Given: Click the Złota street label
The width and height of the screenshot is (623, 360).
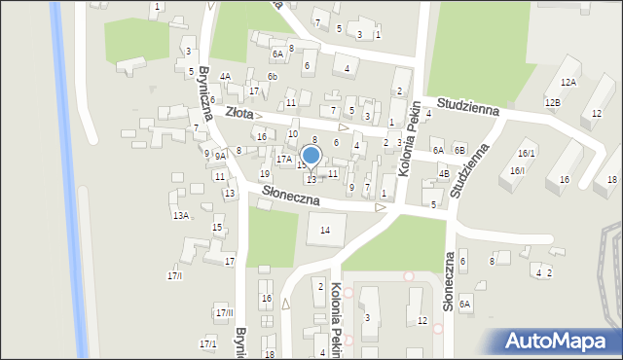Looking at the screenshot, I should click(x=238, y=113).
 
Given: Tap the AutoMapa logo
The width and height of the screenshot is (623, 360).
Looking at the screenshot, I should click(x=559, y=342).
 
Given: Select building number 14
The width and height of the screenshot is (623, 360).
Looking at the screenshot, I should click(x=325, y=230).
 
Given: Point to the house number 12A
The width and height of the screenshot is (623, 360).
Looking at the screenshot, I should click(x=568, y=83).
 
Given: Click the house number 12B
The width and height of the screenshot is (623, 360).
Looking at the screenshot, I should click(x=552, y=102).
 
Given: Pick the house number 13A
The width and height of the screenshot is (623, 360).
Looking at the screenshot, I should click(x=180, y=215).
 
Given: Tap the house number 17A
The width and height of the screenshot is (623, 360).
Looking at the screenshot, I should click(x=283, y=159).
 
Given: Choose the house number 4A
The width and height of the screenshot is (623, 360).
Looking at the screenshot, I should click(x=225, y=76).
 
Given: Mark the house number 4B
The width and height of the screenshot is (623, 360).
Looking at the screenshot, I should click(x=444, y=174).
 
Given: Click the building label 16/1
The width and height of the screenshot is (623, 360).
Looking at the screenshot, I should click(x=527, y=153).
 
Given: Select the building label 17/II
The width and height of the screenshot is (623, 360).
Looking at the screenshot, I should click(x=225, y=311).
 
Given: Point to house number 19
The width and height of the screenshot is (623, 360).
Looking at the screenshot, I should click(x=264, y=173).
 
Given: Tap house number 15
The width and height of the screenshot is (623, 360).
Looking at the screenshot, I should click(x=216, y=227).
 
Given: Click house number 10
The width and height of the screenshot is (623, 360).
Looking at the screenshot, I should click(x=292, y=133).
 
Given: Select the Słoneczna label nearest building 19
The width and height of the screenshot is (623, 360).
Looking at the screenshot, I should click(x=291, y=197).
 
